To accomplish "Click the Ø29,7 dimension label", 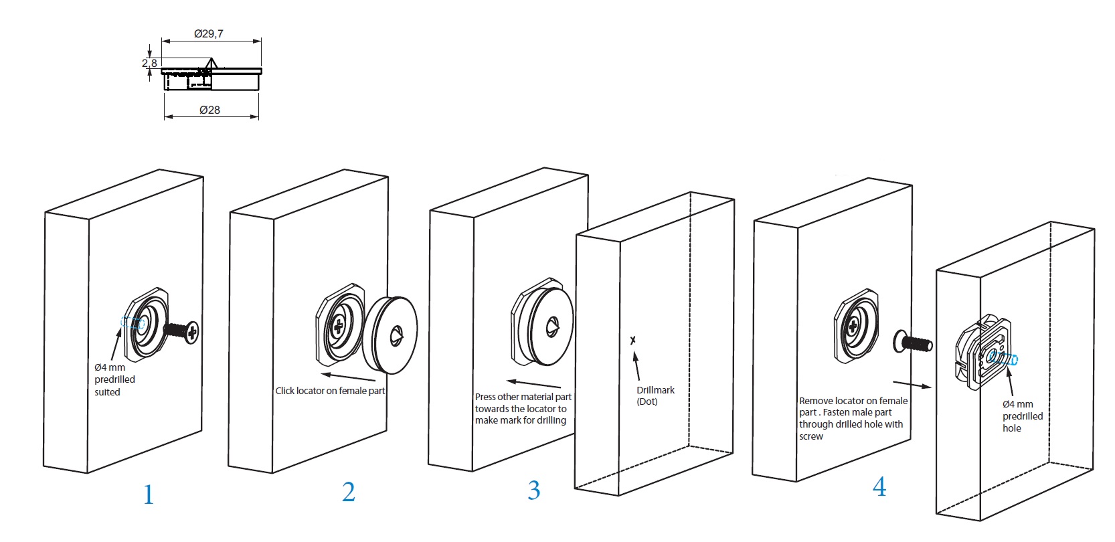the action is tap(209, 34).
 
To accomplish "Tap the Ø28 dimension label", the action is tap(209, 110).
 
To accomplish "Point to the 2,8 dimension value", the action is tap(149, 63).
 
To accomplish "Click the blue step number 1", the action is tap(149, 494).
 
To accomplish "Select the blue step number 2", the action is tap(349, 492).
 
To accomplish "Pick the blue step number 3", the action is tap(533, 490).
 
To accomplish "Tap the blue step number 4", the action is tap(879, 486).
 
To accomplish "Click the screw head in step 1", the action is tap(191, 331).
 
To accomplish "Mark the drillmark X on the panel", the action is tap(632, 341).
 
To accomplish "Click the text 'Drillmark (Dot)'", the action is tap(655, 395).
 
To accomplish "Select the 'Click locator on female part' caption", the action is tap(330, 391).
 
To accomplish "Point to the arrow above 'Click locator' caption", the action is tap(348, 377).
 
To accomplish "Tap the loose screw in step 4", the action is tap(913, 342).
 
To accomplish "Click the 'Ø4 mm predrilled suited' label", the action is tap(114, 379).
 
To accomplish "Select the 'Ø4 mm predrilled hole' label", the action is tap(1023, 416).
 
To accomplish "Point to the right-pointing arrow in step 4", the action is tap(912, 384).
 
